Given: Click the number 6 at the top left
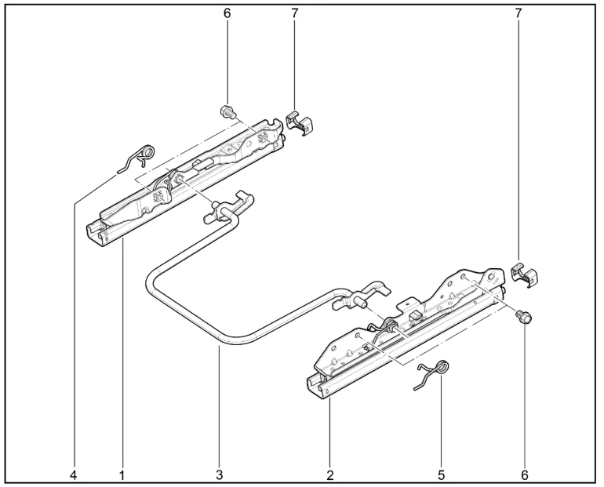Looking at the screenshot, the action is click(x=227, y=13).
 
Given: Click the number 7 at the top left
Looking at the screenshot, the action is click(x=294, y=13).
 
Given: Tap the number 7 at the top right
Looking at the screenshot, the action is click(x=518, y=13).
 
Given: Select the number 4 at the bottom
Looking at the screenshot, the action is click(x=73, y=475).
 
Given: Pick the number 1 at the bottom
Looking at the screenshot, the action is click(x=122, y=475).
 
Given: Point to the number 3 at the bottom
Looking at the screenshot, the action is click(x=219, y=475).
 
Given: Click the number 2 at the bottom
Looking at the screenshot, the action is click(x=329, y=475).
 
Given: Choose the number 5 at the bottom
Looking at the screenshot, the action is click(x=441, y=475).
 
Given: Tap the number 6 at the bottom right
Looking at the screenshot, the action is click(x=525, y=475).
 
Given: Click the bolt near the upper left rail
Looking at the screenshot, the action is click(x=227, y=112).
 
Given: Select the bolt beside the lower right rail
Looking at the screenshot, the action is click(x=523, y=317).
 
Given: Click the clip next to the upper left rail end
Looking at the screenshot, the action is click(x=300, y=123).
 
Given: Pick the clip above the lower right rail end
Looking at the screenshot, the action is click(x=523, y=274).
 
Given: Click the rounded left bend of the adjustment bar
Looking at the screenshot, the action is click(x=151, y=284).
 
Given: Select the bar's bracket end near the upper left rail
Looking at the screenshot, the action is click(x=229, y=207).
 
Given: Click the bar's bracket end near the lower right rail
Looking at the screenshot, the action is click(x=359, y=295).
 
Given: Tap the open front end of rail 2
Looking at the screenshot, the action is click(x=318, y=385).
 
